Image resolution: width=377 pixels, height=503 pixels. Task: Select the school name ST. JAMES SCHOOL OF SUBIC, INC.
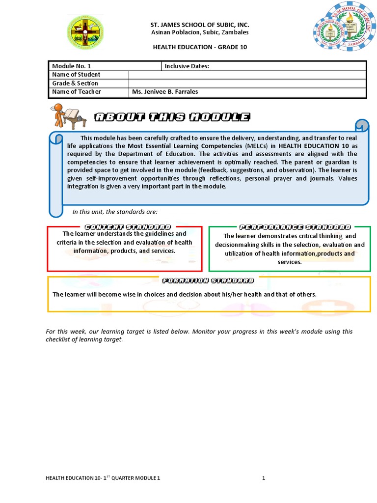click(x=200, y=25)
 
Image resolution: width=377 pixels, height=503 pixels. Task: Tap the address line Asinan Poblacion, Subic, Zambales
click(x=200, y=32)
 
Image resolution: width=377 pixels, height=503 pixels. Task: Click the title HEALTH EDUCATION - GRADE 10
click(x=200, y=47)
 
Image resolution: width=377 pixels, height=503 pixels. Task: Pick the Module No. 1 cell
click(x=72, y=66)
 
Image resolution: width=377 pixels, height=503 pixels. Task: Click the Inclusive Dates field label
click(x=187, y=66)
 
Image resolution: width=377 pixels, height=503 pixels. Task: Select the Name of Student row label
click(x=76, y=75)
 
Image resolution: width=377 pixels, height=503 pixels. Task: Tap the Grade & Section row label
click(x=75, y=83)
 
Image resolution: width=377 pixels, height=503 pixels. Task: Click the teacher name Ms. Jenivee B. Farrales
click(x=165, y=92)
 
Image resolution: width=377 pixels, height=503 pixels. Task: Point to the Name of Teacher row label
click(x=77, y=92)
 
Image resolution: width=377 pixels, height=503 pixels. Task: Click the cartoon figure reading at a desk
click(x=68, y=116)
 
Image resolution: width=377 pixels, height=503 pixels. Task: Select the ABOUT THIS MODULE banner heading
click(x=172, y=117)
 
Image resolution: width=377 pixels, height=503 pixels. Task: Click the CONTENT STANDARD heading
click(x=128, y=227)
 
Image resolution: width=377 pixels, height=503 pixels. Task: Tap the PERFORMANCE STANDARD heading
click(x=295, y=227)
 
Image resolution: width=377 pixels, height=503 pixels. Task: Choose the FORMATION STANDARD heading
click(x=208, y=280)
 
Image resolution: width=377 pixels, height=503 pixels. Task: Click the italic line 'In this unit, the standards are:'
click(x=115, y=212)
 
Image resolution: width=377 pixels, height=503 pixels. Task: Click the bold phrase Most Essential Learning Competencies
click(x=185, y=146)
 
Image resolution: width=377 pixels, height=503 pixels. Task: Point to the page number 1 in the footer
click(x=264, y=478)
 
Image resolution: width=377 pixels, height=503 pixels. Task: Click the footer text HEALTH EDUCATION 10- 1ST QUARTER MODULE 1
click(x=103, y=478)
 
